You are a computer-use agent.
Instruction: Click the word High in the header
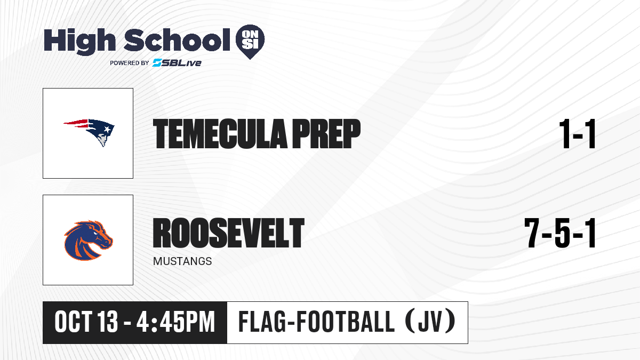[79, 41]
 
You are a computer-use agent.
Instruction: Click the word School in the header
[177, 39]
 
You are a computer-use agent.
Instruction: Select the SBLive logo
[177, 62]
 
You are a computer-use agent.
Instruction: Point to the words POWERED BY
[130, 63]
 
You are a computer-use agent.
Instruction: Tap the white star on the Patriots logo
[107, 130]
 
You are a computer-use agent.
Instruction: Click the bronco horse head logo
[89, 241]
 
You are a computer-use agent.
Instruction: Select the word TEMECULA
[220, 134]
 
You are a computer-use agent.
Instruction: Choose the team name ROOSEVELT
[229, 233]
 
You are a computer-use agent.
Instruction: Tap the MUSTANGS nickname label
[182, 261]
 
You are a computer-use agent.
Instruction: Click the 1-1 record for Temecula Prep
[577, 134]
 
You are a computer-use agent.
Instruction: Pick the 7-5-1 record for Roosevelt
[559, 233]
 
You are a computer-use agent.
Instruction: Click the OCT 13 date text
[86, 322]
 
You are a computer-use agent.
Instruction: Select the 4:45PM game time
[175, 322]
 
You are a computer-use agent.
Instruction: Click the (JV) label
[430, 322]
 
